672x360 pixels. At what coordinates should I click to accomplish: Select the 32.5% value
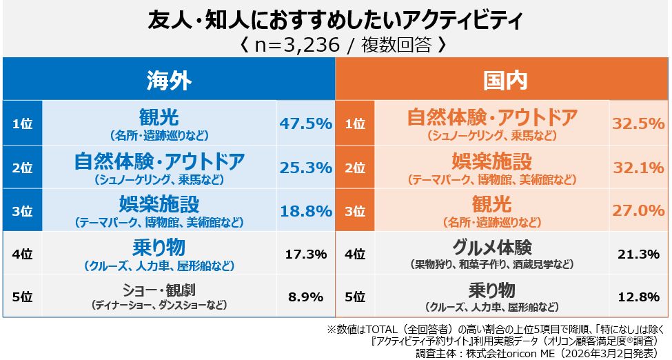[638, 123]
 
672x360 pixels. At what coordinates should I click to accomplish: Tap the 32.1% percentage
[638, 167]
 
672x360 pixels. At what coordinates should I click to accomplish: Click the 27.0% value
[638, 211]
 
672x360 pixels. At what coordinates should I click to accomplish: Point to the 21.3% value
[638, 254]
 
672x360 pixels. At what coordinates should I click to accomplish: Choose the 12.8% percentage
[638, 297]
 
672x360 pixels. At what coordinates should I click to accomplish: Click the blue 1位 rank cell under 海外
[23, 123]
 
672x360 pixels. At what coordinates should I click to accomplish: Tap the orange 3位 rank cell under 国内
[355, 211]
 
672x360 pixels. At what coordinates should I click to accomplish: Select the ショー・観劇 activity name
[159, 290]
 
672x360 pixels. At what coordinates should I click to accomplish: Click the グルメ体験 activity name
[491, 247]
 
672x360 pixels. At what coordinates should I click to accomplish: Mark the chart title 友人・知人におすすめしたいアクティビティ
[336, 21]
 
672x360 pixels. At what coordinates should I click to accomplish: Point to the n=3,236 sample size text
[336, 46]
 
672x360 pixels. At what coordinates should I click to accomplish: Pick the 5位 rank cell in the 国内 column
[355, 297]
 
